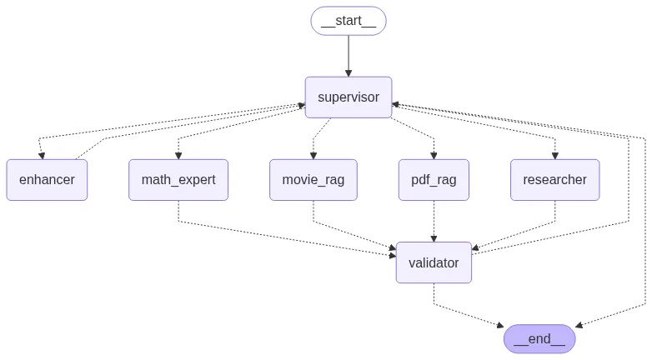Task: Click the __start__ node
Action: pyautogui.click(x=349, y=21)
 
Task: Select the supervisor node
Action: pyautogui.click(x=349, y=97)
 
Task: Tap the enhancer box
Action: pyautogui.click(x=47, y=179)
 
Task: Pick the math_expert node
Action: pyautogui.click(x=178, y=179)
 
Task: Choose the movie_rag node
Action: pyautogui.click(x=313, y=179)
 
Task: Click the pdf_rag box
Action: pyautogui.click(x=434, y=179)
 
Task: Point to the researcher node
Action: pyautogui.click(x=554, y=179)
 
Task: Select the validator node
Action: pyautogui.click(x=434, y=262)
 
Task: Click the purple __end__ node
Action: pyautogui.click(x=539, y=338)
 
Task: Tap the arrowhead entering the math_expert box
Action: pyautogui.click(x=178, y=155)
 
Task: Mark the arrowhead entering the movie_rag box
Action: pyautogui.click(x=313, y=155)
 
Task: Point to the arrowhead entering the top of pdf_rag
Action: pyautogui.click(x=434, y=155)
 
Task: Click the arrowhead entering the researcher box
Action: pyautogui.click(x=554, y=155)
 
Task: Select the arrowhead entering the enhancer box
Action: pyautogui.click(x=40, y=155)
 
